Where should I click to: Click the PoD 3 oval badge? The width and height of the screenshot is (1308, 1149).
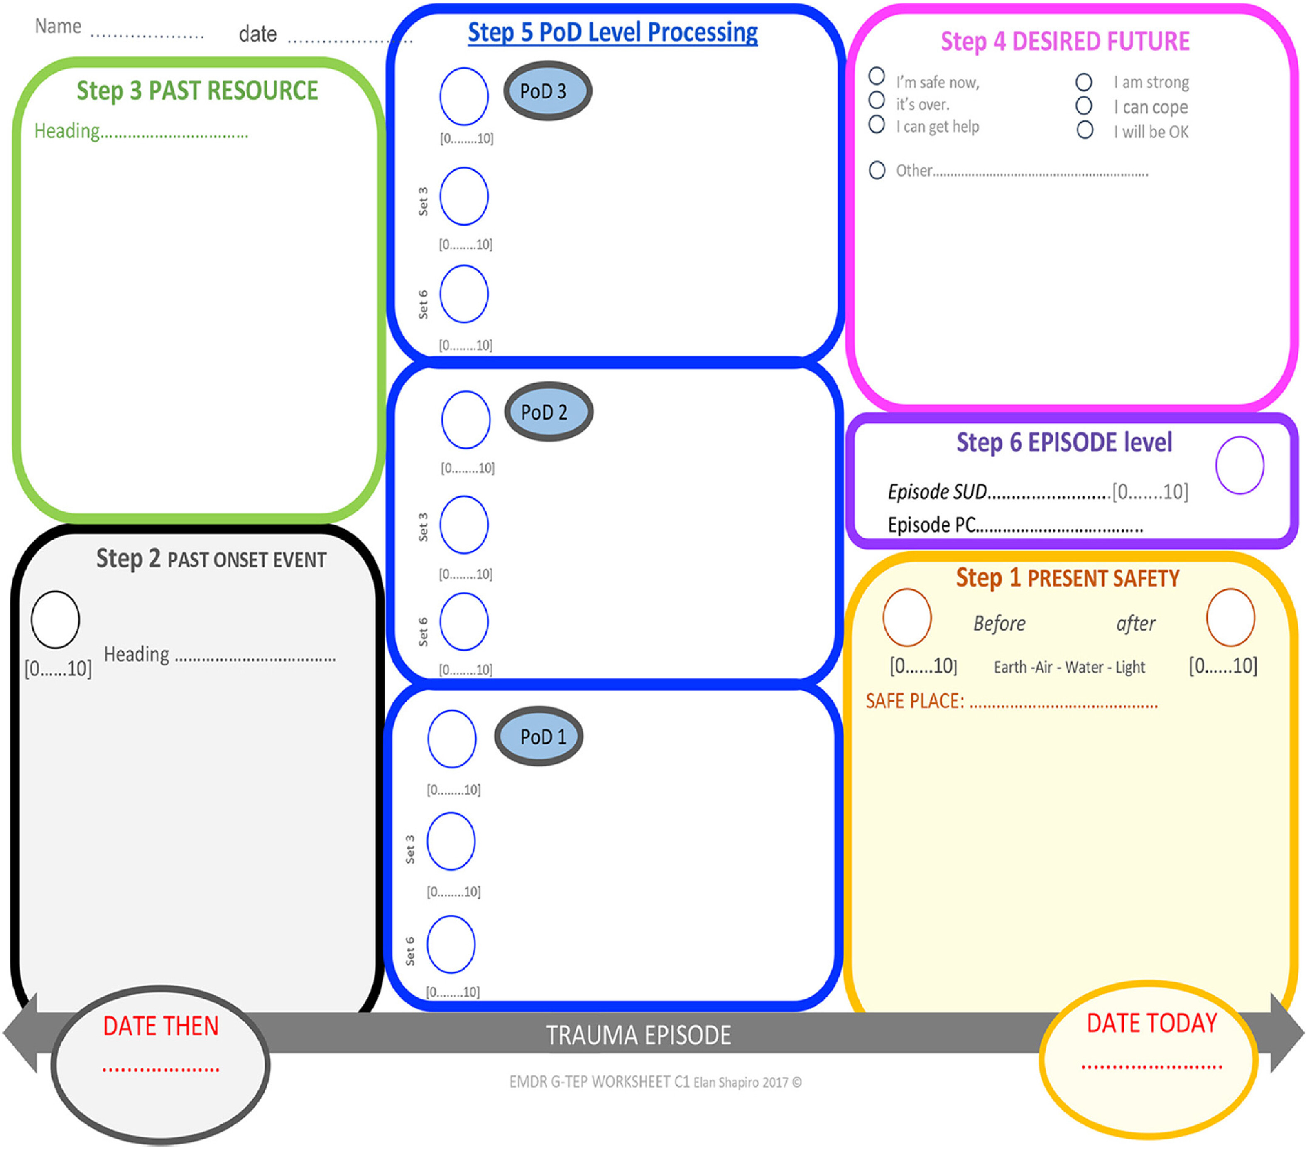pyautogui.click(x=547, y=91)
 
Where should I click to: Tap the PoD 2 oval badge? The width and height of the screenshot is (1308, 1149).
pyautogui.click(x=549, y=412)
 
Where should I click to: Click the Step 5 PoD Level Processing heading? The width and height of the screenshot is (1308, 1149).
pyautogui.click(x=612, y=32)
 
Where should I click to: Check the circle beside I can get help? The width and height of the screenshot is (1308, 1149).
pyautogui.click(x=877, y=124)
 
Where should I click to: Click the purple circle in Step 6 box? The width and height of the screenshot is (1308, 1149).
pyautogui.click(x=1239, y=465)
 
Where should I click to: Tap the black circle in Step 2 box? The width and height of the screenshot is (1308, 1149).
pyautogui.click(x=55, y=620)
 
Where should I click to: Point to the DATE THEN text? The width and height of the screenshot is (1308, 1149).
pyautogui.click(x=161, y=1026)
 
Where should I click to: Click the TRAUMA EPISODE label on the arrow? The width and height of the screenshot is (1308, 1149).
pyautogui.click(x=638, y=1035)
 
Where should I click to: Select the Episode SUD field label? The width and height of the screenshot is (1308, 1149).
pyautogui.click(x=937, y=491)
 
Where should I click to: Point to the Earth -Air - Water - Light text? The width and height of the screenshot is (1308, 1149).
pyautogui.click(x=1069, y=667)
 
